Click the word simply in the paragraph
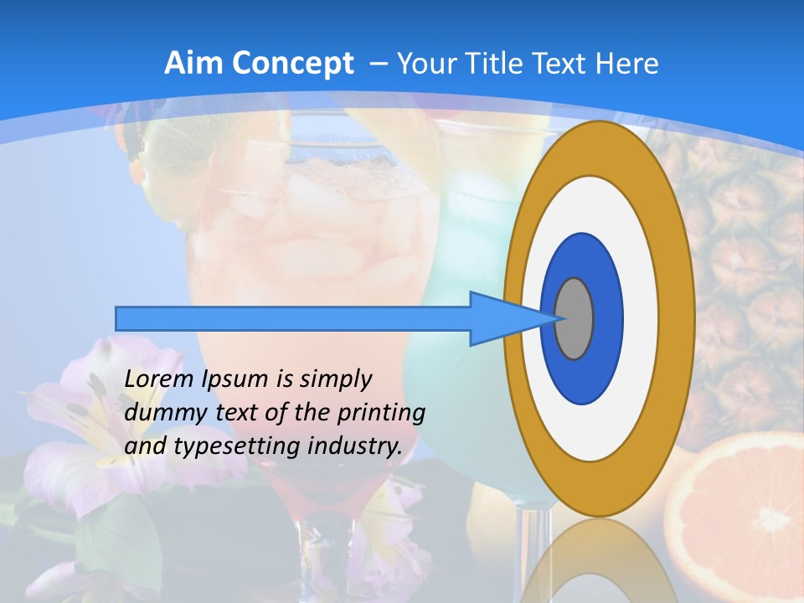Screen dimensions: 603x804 coord(335,380)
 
